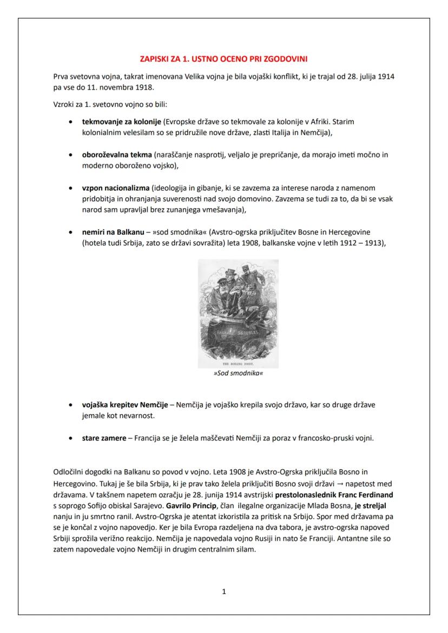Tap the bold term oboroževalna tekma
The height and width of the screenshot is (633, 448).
pos(117,155)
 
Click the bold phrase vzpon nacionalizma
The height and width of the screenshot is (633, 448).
pos(115,188)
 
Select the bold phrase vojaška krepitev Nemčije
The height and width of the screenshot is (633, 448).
pos(125,405)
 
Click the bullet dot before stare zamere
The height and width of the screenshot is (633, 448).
pos(71,438)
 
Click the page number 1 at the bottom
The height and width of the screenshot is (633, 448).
pos(224,592)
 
